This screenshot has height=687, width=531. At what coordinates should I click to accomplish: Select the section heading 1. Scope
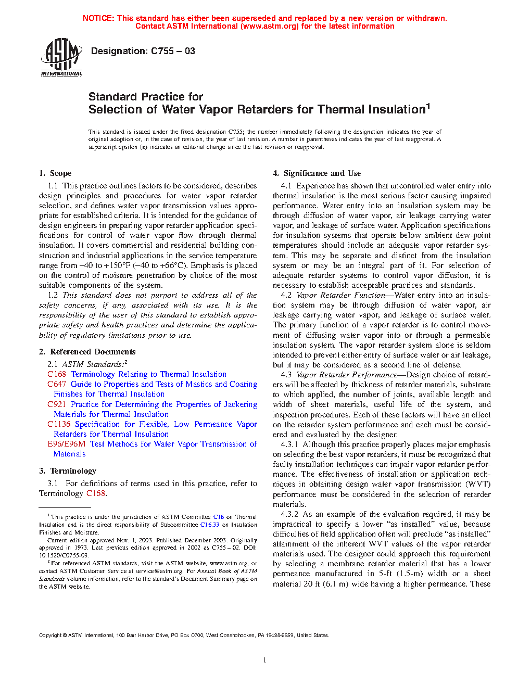[x=55, y=173]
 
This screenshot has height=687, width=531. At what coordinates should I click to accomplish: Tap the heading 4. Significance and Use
[x=317, y=173]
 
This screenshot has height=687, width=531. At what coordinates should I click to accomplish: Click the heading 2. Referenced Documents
[x=87, y=352]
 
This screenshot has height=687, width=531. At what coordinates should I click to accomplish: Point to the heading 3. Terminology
[x=68, y=471]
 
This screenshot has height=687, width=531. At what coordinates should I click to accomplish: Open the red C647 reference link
[x=57, y=384]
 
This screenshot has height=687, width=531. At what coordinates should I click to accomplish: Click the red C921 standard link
[x=57, y=404]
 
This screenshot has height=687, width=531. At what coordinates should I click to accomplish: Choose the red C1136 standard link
[x=59, y=424]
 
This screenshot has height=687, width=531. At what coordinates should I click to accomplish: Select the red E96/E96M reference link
[x=66, y=444]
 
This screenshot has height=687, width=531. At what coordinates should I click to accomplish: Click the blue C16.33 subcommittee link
[x=209, y=525]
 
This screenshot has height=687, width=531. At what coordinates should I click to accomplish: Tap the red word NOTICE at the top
[x=98, y=18]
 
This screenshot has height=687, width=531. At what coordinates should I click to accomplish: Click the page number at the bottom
[x=265, y=660]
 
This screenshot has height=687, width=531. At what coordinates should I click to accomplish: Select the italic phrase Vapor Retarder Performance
[x=347, y=375]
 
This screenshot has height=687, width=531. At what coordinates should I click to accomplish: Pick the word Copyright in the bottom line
[x=50, y=635]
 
